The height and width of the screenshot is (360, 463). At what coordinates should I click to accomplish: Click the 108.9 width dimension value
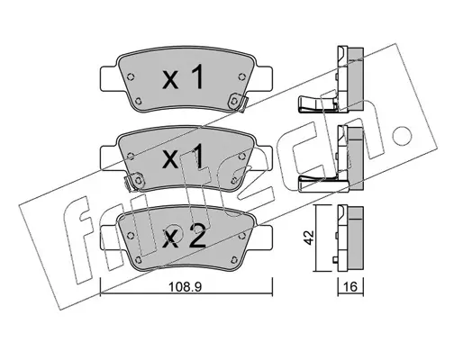185,287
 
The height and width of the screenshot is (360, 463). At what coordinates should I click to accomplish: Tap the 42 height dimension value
309,238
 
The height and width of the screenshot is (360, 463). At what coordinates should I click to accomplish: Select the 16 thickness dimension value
350,287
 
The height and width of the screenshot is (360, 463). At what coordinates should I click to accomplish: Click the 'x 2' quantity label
184,238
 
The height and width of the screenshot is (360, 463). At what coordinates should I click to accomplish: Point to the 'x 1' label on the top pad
182,77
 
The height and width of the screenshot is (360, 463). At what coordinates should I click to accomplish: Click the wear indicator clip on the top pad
237,102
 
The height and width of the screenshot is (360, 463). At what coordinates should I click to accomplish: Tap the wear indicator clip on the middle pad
134,181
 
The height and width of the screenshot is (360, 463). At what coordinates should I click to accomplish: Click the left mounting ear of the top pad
109,79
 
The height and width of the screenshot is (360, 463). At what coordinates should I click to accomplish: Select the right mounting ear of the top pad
263,79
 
